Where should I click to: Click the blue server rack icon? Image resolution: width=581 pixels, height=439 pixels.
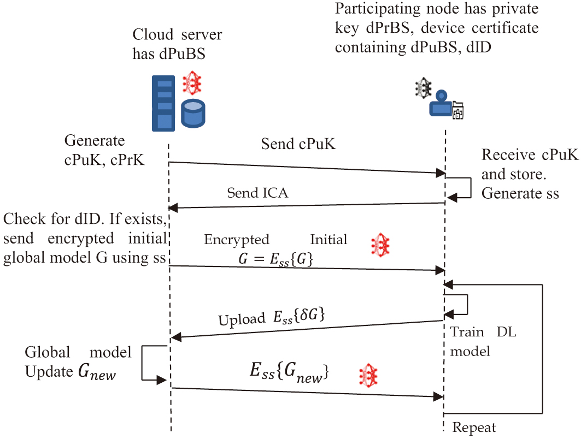pyautogui.click(x=163, y=103)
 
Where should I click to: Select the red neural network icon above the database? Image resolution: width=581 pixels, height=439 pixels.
pyautogui.click(x=192, y=82)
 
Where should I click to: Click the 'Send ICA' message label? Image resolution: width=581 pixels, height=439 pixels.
pyautogui.click(x=257, y=192)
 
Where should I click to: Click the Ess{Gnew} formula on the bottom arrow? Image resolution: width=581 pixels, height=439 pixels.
pyautogui.click(x=289, y=372)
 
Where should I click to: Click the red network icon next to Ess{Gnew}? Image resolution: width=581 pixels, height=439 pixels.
pyautogui.click(x=368, y=376)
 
